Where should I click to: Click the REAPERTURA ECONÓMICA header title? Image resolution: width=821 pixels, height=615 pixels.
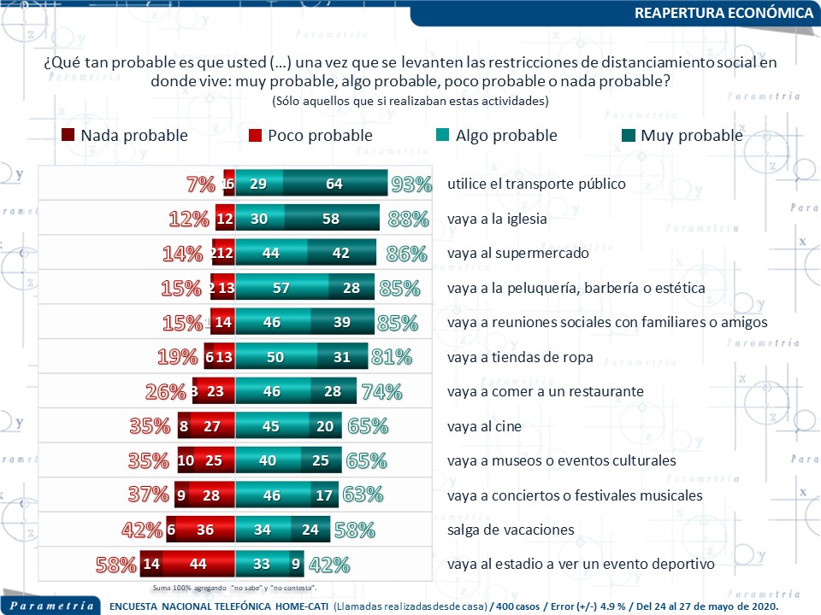click(x=724, y=14)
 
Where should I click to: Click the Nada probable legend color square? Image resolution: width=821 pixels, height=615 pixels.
click(x=68, y=135)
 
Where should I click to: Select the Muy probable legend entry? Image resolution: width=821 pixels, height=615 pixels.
click(x=691, y=135)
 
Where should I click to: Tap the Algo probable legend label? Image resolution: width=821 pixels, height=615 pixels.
click(x=506, y=135)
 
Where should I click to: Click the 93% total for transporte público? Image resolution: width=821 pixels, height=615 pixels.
click(x=410, y=184)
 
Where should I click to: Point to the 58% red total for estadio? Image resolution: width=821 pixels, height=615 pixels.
click(x=115, y=565)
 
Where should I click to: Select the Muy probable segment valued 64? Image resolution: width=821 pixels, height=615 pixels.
click(x=334, y=184)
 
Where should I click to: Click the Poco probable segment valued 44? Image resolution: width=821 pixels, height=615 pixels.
click(x=198, y=565)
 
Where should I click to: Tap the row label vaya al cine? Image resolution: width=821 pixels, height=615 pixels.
click(x=484, y=426)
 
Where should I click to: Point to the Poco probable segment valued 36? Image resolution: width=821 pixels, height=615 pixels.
click(x=205, y=530)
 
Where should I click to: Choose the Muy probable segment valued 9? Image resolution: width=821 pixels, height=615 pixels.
click(x=296, y=565)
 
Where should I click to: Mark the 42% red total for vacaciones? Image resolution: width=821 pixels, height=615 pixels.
click(x=142, y=530)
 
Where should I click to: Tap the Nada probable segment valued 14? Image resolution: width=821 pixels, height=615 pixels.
click(x=151, y=565)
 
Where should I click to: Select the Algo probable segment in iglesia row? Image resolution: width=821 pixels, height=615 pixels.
click(x=259, y=220)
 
